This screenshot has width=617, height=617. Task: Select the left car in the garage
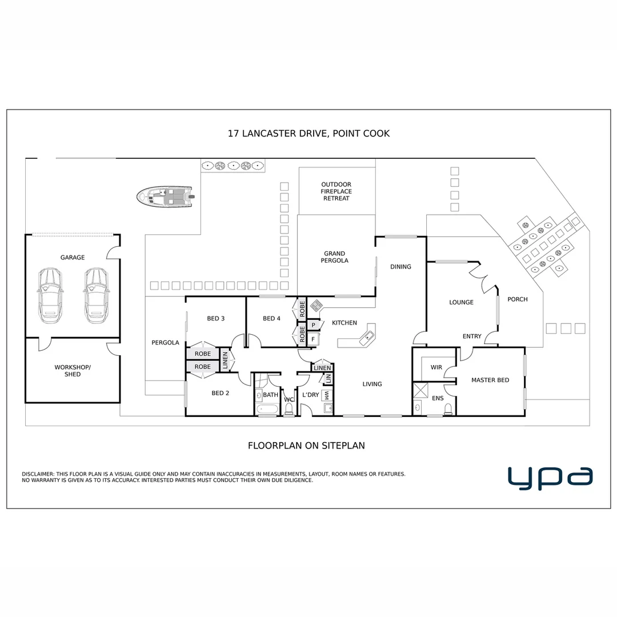tap(50, 294)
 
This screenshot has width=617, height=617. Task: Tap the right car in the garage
tap(96, 294)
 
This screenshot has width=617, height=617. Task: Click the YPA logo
tap(550, 478)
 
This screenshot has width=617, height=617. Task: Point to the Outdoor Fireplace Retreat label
tap(336, 191)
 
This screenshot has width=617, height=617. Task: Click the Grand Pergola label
tap(335, 257)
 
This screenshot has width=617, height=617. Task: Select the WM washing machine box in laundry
tap(327, 395)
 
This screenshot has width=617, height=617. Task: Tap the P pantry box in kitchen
tap(313, 325)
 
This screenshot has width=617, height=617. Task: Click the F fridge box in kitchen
tap(313, 339)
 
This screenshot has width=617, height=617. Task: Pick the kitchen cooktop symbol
tap(316, 306)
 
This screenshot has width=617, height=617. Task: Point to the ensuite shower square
tap(422, 391)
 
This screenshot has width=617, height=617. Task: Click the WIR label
tap(436, 367)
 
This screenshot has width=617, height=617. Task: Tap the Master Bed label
tap(490, 380)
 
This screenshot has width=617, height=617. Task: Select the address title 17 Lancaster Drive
tap(308, 134)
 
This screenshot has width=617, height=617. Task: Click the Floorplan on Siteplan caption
tap(306, 446)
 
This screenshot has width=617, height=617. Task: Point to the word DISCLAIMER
tap(38, 474)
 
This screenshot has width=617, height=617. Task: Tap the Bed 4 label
tap(271, 318)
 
